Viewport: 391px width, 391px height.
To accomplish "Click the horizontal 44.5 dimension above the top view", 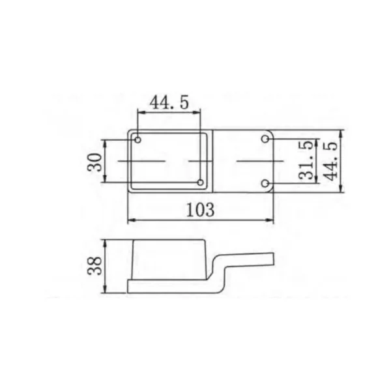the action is [x=169, y=102].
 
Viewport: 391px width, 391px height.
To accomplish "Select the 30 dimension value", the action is [x=94, y=162].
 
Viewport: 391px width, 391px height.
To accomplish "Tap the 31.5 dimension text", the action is [x=306, y=160].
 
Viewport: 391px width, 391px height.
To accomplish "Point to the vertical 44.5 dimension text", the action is [x=330, y=161].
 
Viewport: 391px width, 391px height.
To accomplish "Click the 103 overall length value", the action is [x=200, y=210].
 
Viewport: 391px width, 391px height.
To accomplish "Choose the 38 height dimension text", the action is [x=94, y=266].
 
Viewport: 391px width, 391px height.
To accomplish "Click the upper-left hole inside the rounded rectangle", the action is [x=138, y=140].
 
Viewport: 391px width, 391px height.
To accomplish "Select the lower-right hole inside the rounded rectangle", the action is [x=200, y=182].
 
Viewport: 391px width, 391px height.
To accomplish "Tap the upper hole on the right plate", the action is [x=265, y=139].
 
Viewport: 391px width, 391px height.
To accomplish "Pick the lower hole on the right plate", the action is [x=265, y=184].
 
